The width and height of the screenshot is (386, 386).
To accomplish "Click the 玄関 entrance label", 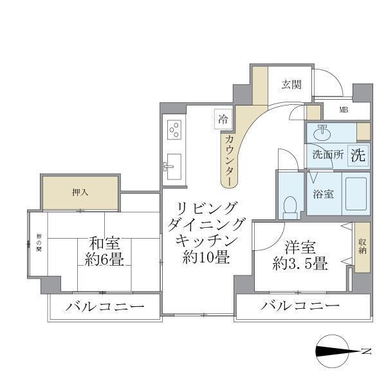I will click(x=291, y=84).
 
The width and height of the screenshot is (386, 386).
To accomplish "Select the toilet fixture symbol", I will click(x=290, y=207).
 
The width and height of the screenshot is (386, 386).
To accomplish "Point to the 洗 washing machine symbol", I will click(x=358, y=154).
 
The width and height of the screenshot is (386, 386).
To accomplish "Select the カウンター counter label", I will click(x=230, y=158).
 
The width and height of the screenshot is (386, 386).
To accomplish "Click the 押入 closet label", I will click(x=80, y=192).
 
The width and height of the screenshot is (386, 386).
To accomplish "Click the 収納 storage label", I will click(x=362, y=245).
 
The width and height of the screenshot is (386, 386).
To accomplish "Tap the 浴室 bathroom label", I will click(x=324, y=193).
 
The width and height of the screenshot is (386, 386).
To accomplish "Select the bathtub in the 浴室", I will click(x=355, y=194).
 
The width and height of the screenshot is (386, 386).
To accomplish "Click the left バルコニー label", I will click(x=104, y=306).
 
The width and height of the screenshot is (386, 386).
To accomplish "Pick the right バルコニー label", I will click(x=300, y=306).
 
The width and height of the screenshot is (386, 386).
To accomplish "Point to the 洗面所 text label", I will click(x=327, y=155).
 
